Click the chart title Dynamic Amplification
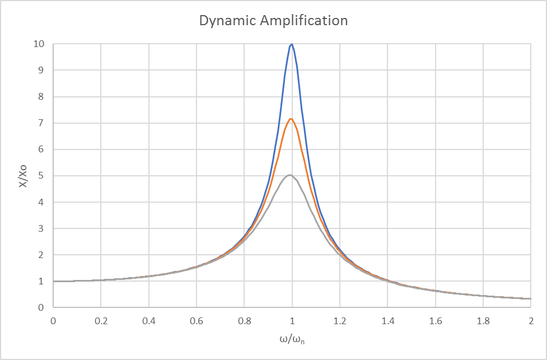pyautogui.click(x=274, y=21)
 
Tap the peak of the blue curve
pyautogui.click(x=291, y=44)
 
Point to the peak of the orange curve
pyautogui.click(x=291, y=119)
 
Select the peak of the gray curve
pyautogui.click(x=289, y=175)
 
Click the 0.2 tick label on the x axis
pyautogui.click(x=100, y=321)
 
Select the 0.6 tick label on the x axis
pyautogui.click(x=196, y=321)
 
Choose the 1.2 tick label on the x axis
pyautogui.click(x=339, y=321)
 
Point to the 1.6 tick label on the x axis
pyautogui.click(x=435, y=321)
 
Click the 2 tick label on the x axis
pyautogui.click(x=530, y=321)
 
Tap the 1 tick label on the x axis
pyautogui.click(x=292, y=321)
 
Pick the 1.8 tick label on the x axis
pyautogui.click(x=483, y=321)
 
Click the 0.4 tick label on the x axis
pyautogui.click(x=148, y=321)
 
